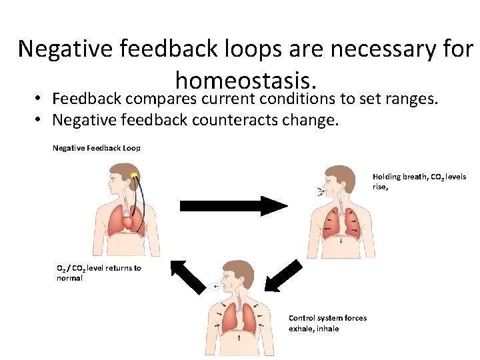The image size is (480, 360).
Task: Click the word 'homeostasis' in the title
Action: pyautogui.click(x=245, y=81)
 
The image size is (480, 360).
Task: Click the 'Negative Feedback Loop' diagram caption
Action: pyautogui.click(x=96, y=148)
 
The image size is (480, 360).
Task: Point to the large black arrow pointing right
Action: pyautogui.click(x=233, y=205)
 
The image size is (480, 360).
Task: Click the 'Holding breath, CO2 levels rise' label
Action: pyautogui.click(x=419, y=181)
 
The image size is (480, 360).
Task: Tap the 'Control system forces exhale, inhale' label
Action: pyautogui.click(x=327, y=323)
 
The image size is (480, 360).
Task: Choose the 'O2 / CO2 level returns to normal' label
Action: pyautogui.click(x=99, y=273)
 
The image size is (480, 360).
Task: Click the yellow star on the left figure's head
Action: pyautogui.click(x=134, y=175)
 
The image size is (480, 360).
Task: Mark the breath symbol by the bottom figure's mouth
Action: pyautogui.click(x=213, y=286)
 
